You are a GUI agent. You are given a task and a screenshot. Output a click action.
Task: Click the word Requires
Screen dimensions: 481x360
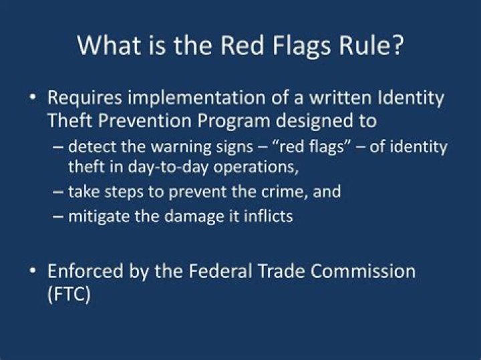(85, 99)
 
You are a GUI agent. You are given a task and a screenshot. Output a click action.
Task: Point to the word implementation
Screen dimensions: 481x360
(196, 99)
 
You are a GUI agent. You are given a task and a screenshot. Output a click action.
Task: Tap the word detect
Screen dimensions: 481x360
(92, 146)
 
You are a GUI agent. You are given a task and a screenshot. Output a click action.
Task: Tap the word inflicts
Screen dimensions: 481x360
(269, 216)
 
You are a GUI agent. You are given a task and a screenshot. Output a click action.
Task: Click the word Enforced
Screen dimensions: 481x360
(85, 271)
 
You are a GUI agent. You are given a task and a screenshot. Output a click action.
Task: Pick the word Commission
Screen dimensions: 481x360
(363, 271)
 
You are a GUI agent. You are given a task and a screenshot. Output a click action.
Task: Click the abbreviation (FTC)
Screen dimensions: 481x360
(69, 295)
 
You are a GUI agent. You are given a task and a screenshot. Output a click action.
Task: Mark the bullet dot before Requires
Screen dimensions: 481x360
(33, 98)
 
